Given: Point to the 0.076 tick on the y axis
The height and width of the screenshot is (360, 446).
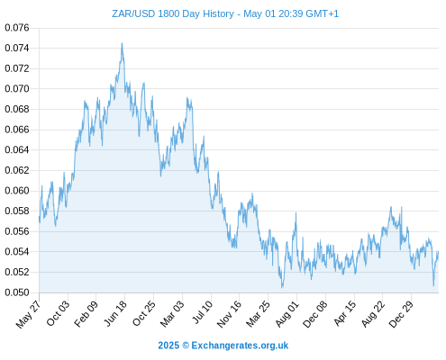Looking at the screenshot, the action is [x=17, y=28].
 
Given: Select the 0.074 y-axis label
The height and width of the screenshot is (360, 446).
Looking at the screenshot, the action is [x=17, y=48].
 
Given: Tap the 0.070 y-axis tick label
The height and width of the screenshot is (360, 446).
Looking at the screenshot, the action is [x=17, y=89].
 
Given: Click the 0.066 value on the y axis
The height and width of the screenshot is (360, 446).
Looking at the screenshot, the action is [x=17, y=130].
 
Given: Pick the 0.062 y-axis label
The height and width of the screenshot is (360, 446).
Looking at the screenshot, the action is [x=17, y=170].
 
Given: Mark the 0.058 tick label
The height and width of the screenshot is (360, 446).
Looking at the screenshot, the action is [x=17, y=211].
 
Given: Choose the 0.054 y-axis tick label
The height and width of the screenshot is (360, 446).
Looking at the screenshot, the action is [x=17, y=252].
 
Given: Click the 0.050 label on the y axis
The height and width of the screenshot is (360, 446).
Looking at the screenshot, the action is [x=17, y=292].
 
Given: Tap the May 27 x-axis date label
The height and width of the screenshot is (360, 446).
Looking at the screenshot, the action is [x=28, y=315].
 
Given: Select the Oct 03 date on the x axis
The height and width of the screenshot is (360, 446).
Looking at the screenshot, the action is [x=58, y=313].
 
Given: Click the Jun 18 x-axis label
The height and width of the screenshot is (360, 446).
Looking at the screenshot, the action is [x=115, y=313].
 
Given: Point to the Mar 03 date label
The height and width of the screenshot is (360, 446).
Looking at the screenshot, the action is [x=172, y=314].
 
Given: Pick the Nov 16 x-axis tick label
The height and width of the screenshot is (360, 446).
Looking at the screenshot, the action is [x=229, y=314].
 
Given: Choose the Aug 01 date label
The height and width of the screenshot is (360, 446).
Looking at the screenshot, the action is [x=287, y=314].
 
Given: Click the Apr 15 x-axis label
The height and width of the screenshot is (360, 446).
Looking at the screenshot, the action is [x=344, y=313].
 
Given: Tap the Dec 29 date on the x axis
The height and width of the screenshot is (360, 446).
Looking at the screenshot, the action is [x=401, y=314].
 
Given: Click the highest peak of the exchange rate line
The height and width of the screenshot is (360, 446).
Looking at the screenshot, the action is [x=122, y=43].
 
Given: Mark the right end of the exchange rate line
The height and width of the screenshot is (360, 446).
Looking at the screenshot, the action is [x=438, y=252].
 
